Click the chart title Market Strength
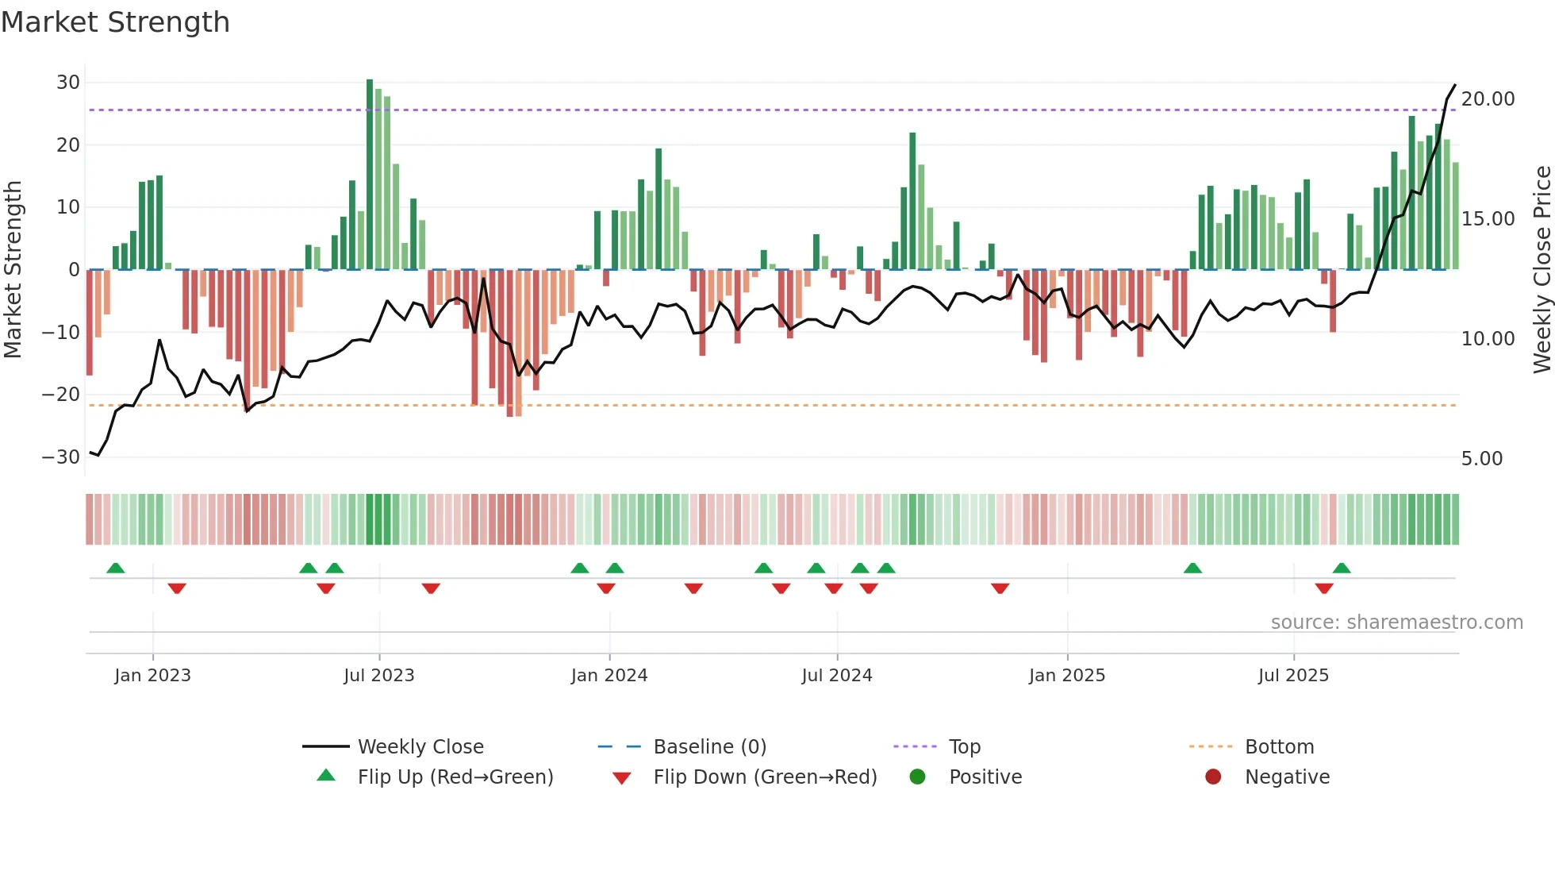115,22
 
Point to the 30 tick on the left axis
68,83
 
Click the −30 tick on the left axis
61,457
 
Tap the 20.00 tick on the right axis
1488,99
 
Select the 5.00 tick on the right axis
1481,459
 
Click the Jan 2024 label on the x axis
609,676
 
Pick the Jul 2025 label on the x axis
1292,676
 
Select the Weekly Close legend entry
420,747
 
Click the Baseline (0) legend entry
709,747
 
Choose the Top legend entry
964,747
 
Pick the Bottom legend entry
1279,747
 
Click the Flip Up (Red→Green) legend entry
455,777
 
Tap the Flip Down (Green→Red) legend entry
765,777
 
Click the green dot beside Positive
917,777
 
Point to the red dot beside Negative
1212,777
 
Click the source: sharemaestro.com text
1396,623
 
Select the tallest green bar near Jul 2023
370,175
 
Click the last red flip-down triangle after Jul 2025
1323,588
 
